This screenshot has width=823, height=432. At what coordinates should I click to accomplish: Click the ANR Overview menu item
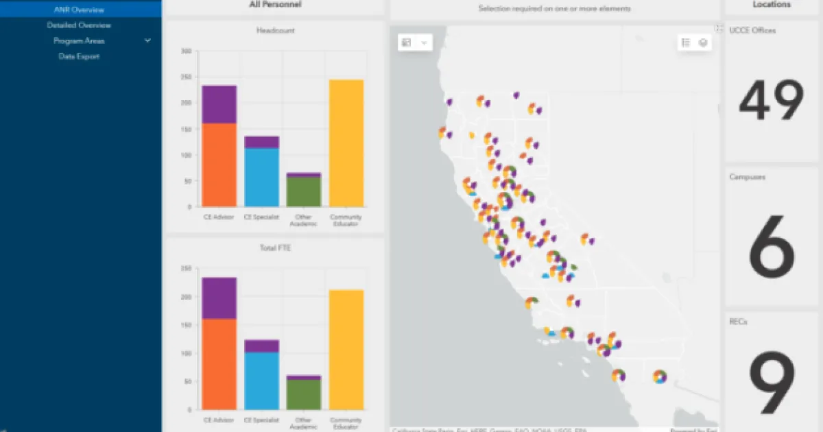[79, 10]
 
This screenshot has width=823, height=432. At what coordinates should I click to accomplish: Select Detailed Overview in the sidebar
[79, 25]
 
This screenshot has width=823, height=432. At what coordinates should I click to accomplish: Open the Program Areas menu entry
[79, 41]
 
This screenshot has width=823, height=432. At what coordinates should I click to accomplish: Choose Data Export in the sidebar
[79, 56]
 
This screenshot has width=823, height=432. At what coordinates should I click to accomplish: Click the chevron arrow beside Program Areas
[147, 41]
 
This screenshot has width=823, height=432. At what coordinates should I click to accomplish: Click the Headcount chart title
[274, 31]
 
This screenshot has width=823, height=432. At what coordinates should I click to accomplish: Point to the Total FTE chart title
[274, 248]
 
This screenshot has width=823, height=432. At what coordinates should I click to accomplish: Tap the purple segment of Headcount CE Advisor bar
[219, 104]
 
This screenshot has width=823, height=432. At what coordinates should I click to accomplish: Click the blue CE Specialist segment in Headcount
[262, 177]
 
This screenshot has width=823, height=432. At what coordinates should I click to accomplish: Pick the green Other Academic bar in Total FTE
[304, 394]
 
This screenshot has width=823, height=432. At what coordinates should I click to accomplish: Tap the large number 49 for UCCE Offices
[772, 101]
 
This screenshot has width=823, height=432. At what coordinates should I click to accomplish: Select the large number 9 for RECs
[772, 385]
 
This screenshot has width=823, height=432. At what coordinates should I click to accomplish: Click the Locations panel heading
[772, 5]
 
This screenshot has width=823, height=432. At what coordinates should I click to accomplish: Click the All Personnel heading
[274, 5]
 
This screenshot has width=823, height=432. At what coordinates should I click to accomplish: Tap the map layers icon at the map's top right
[703, 43]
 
